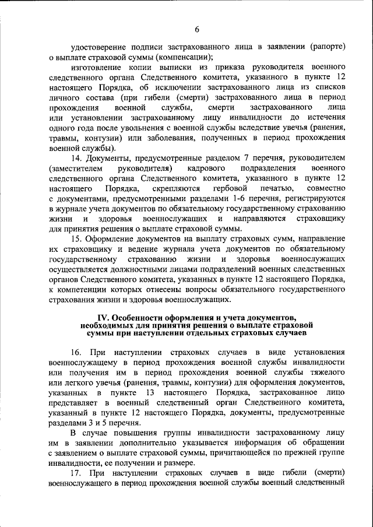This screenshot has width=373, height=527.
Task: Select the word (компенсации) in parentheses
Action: pyautogui.click(x=182, y=57)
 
